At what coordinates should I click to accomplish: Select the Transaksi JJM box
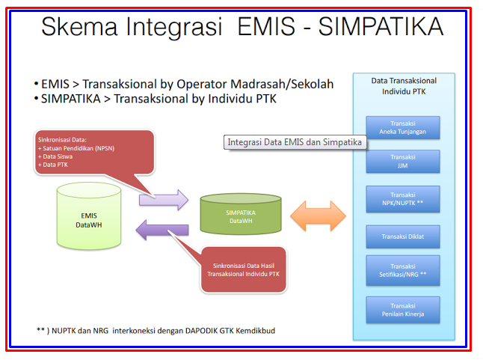click(404, 162)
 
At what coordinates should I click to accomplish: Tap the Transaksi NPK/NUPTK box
click(404, 198)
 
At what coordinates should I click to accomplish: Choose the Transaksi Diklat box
click(404, 236)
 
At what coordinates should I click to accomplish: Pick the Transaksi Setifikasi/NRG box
click(404, 270)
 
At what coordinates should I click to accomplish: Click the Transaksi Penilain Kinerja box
click(404, 309)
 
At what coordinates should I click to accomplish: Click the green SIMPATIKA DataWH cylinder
click(240, 216)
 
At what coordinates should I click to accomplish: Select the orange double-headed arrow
click(317, 216)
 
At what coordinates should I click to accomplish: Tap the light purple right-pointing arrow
click(163, 198)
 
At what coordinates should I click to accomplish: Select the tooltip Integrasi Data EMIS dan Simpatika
click(295, 142)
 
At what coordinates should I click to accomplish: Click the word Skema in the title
click(80, 28)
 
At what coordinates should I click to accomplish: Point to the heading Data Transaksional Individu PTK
click(404, 86)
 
